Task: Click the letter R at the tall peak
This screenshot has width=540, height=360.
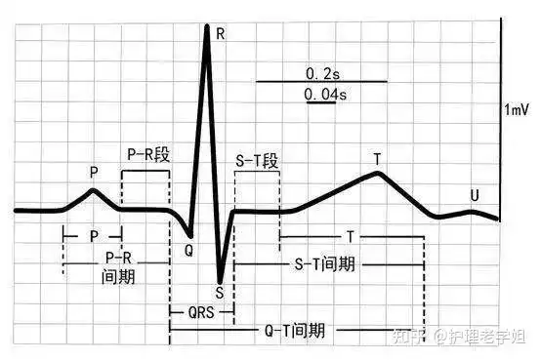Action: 221,34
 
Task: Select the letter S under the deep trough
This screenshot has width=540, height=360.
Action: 220,290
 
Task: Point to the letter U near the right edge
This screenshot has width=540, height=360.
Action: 475,195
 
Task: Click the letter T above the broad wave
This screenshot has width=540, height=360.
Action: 377,158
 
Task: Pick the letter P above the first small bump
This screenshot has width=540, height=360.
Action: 94,172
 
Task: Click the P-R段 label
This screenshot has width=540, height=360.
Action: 145,154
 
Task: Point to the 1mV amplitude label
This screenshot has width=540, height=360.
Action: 518,112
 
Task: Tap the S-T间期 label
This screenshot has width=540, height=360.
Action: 324,264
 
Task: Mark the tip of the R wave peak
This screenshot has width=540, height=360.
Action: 207,25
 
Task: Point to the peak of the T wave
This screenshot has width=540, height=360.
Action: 378,174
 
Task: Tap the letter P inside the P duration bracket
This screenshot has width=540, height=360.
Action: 93,237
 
